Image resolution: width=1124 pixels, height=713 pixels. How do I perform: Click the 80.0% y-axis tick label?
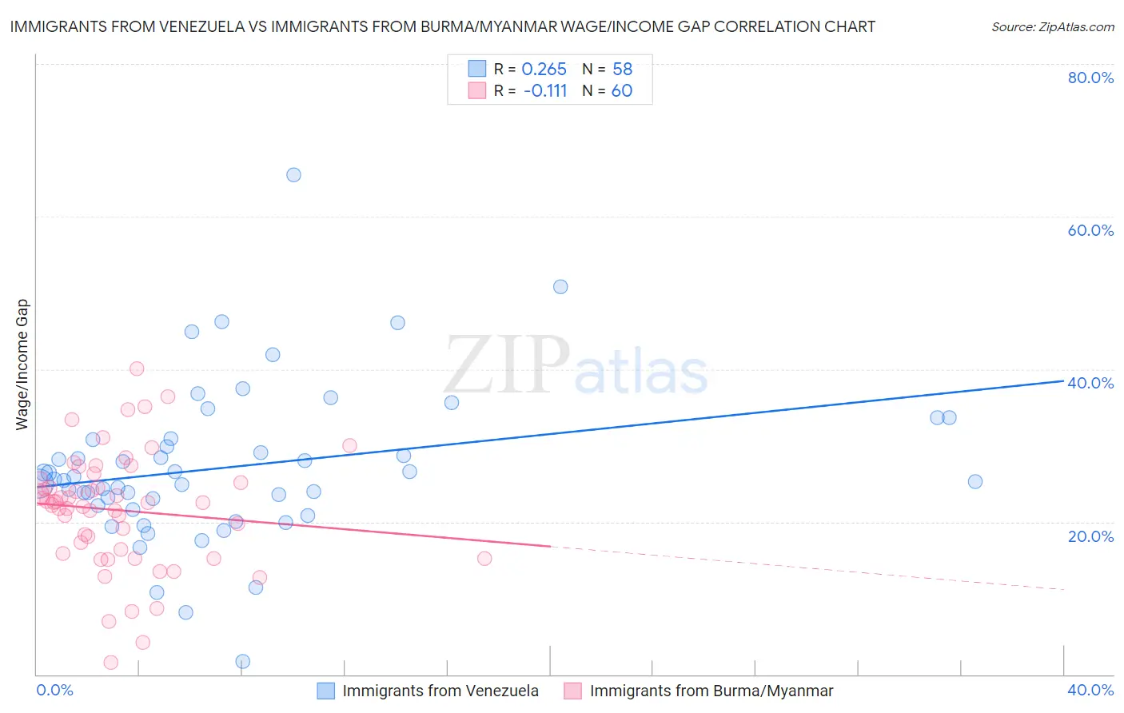[1090, 78]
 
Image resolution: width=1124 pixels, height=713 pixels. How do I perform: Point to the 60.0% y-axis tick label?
[1090, 230]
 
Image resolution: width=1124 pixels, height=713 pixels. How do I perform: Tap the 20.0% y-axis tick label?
[1090, 536]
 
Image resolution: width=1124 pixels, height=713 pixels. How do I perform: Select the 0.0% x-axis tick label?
[54, 690]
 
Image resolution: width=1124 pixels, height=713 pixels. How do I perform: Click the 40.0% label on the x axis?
[1090, 690]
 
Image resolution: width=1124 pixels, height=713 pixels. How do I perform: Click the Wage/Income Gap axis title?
[22, 364]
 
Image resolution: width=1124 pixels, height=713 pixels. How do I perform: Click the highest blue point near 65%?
[293, 175]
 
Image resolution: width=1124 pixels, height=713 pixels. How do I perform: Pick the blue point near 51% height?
[560, 287]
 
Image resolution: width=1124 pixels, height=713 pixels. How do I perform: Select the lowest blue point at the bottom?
[243, 661]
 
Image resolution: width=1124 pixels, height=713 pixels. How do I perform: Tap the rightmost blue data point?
[975, 481]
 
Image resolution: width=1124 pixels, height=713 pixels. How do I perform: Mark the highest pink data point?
[137, 368]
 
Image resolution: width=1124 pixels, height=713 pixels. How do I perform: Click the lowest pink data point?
[111, 663]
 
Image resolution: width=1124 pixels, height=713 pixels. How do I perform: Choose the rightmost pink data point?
[484, 559]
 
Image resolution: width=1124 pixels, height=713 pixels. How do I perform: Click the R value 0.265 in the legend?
[544, 70]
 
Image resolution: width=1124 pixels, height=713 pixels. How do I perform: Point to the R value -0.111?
[545, 91]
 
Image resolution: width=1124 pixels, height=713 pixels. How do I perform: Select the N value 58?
[622, 70]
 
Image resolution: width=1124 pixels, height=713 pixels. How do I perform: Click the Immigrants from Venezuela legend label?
[440, 691]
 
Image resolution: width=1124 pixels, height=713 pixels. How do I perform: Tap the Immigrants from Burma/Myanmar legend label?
[711, 691]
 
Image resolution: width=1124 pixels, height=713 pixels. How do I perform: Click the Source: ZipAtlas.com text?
[1052, 27]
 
